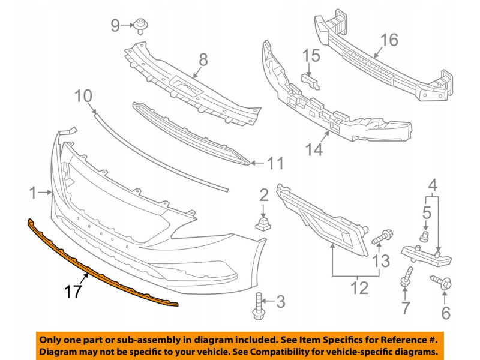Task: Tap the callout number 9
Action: click(115, 25)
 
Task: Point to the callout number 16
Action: click(389, 40)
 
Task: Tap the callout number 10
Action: click(84, 95)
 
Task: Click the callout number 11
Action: click(275, 163)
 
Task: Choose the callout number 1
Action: click(33, 193)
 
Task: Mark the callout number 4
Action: click(433, 185)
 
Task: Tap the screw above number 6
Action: click(440, 280)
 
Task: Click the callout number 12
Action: click(359, 288)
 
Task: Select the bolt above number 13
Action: click(382, 238)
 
